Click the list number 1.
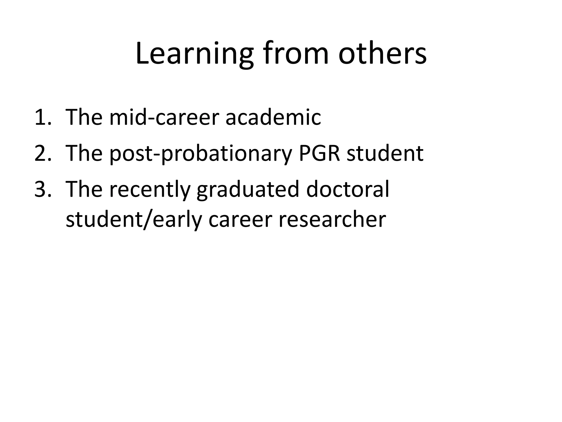[43, 117]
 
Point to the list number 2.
[43, 153]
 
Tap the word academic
[273, 117]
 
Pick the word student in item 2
[385, 153]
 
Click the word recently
[150, 190]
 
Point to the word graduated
[248, 190]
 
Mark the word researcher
[332, 220]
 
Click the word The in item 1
[84, 117]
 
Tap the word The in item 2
[84, 153]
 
